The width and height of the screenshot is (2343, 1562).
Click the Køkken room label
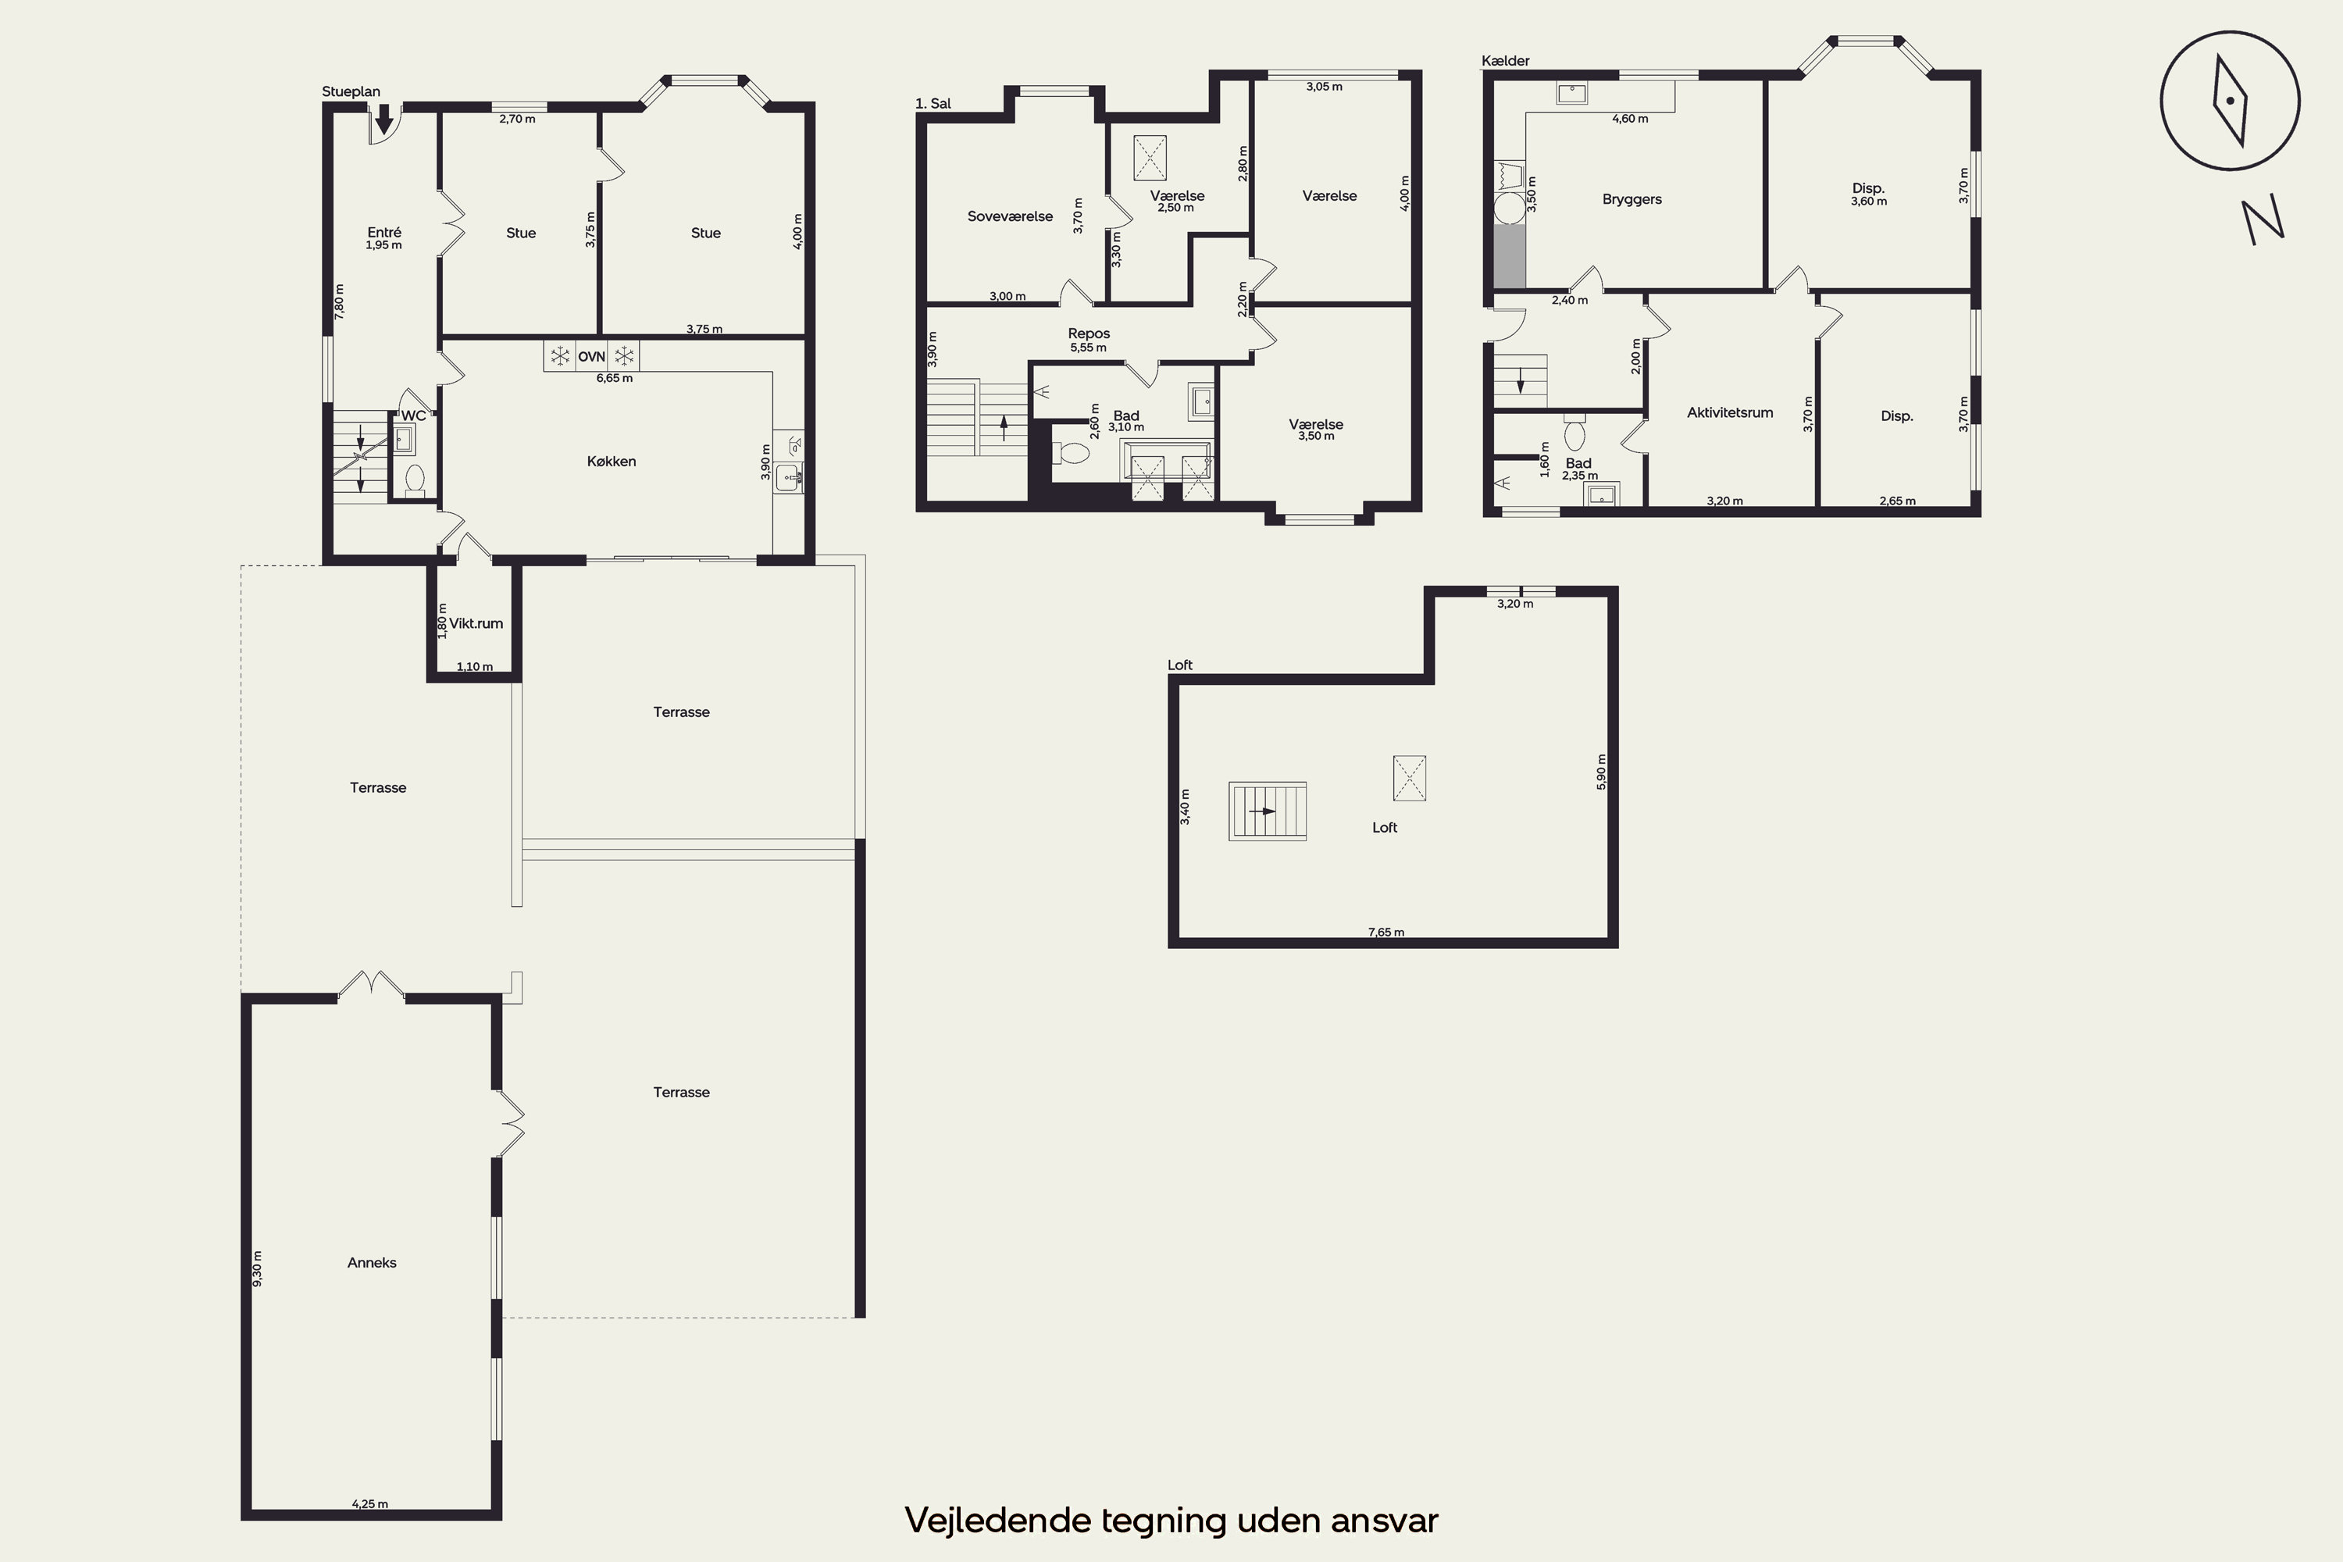coord(611,462)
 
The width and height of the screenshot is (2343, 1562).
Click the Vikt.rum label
coord(476,623)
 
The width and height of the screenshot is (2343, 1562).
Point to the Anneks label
coord(372,1262)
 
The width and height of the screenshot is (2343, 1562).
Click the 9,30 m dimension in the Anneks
coord(258,1268)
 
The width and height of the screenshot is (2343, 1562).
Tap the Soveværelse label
coord(1010,216)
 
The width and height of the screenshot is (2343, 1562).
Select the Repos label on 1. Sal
coord(1089,333)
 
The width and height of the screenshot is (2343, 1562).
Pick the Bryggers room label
coord(1632,199)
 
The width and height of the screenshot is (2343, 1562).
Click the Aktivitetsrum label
coord(1731,412)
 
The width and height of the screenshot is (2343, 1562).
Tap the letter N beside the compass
coord(2263,220)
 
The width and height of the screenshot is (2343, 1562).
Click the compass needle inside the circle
coord(2231,101)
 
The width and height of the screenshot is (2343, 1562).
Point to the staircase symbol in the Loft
coord(1267,811)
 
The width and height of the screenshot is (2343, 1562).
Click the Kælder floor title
coord(1505,61)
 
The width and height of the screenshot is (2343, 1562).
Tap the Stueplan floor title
coord(351,91)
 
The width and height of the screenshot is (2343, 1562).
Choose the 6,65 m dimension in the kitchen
coord(615,379)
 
